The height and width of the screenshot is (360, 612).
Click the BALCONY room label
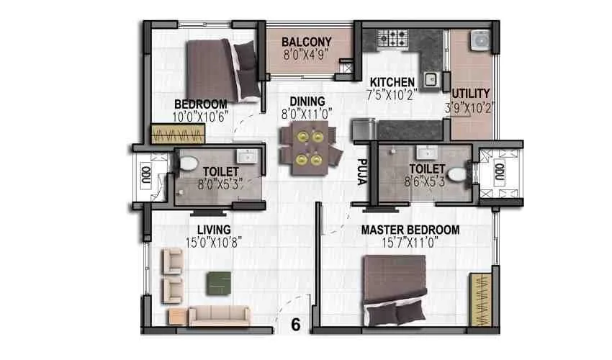306,41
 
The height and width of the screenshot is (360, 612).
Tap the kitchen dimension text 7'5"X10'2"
392,94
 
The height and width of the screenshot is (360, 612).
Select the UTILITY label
471,94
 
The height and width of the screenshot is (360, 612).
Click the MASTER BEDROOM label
410,230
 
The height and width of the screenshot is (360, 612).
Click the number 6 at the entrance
295,325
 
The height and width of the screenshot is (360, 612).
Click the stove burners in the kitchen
395,36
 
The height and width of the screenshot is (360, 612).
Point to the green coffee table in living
220,282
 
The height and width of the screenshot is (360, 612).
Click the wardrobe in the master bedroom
478,298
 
